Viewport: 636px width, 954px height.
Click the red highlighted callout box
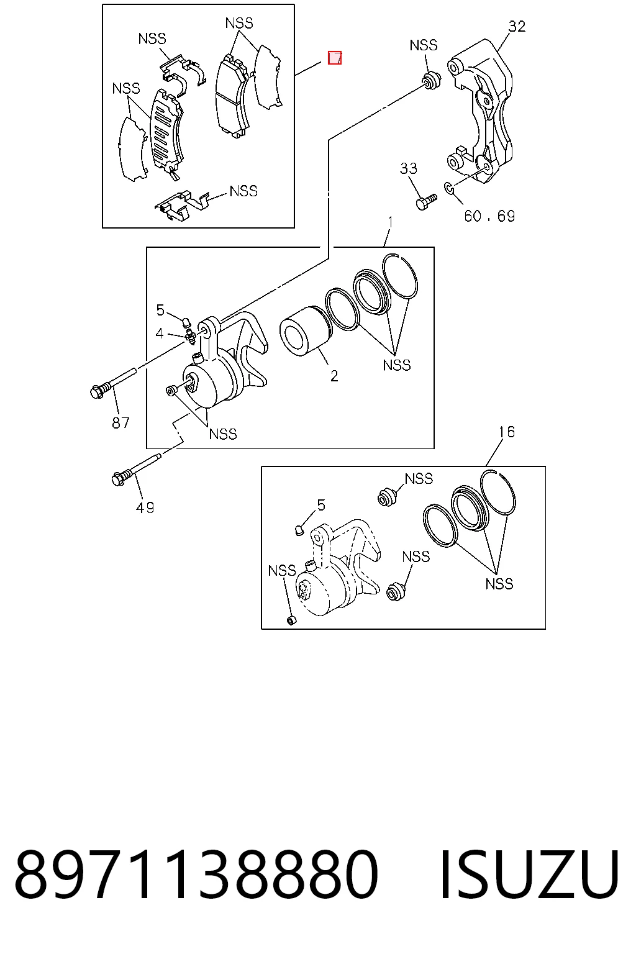334,58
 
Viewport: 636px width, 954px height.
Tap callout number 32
517,27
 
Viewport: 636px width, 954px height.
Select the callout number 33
408,168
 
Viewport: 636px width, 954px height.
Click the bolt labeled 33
426,202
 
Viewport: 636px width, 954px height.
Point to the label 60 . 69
489,216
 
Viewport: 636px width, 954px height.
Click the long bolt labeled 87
113,382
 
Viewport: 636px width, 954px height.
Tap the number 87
120,422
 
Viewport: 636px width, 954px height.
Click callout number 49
145,507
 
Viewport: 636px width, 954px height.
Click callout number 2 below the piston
334,376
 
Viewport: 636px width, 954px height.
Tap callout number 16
506,432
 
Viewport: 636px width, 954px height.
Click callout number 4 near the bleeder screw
160,333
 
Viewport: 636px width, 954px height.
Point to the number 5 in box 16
320,505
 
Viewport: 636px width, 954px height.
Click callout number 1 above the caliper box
390,222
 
